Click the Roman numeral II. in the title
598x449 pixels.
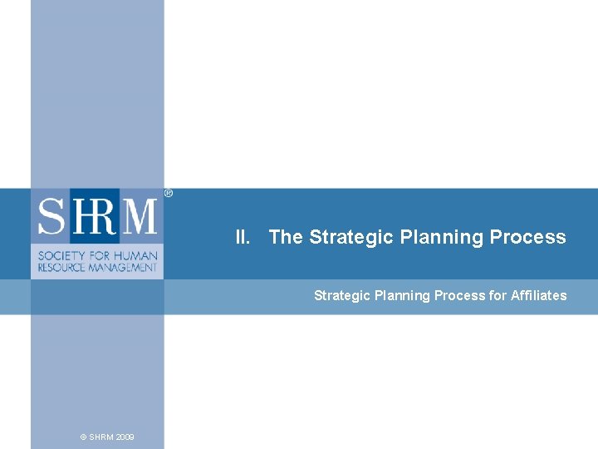(243, 237)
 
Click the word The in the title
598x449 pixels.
(286, 237)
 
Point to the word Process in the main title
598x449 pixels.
(527, 237)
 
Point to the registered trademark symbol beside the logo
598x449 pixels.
(169, 193)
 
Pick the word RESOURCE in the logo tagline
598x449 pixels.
(61, 267)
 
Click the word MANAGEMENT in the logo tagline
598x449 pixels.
(123, 267)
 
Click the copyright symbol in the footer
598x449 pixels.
(83, 437)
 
